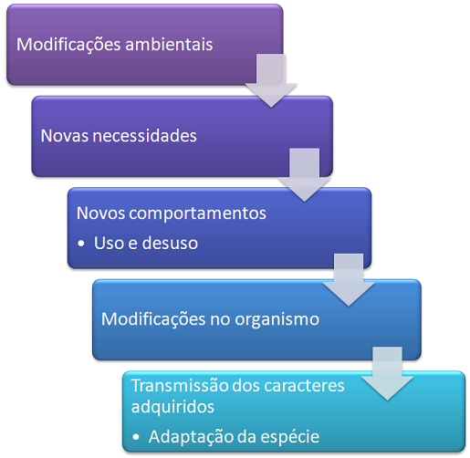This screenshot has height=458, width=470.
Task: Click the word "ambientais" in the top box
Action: click(x=169, y=45)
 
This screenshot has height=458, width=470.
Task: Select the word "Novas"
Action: click(x=65, y=136)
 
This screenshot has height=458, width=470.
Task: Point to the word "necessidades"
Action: click(x=144, y=136)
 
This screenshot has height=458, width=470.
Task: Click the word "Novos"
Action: click(x=100, y=213)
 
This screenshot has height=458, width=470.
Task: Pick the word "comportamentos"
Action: click(x=197, y=213)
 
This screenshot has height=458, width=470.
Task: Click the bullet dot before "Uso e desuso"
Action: click(x=81, y=244)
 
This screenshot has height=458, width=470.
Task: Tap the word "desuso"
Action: click(x=170, y=243)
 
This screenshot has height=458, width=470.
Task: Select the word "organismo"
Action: click(x=277, y=320)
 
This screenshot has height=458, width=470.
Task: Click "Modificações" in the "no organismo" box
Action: click(x=153, y=320)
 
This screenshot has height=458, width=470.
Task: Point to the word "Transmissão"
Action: click(x=180, y=386)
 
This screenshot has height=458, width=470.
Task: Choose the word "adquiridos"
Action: click(x=172, y=407)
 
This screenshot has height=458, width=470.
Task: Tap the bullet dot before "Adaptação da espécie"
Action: click(x=136, y=437)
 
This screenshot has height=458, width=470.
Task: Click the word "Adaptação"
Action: click(x=191, y=438)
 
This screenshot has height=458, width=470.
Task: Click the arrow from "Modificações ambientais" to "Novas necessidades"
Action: click(x=271, y=80)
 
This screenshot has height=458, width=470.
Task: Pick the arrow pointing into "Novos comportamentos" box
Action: click(x=304, y=175)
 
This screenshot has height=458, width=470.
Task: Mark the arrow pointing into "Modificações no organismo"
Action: click(x=349, y=280)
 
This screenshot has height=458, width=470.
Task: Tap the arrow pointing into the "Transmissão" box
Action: click(x=387, y=373)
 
